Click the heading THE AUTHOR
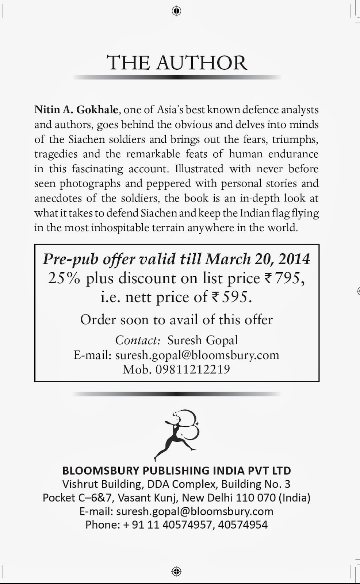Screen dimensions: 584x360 coord(177,63)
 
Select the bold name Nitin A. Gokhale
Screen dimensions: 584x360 coord(76,109)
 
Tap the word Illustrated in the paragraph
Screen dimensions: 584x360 coord(199,169)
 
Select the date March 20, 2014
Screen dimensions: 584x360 coord(257,259)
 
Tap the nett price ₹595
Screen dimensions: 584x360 coord(231,297)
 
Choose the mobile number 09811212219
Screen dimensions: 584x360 coord(193,369)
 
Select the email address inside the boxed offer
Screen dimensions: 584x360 coord(197,355)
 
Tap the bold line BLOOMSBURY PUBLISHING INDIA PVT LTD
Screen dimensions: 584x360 coord(177,470)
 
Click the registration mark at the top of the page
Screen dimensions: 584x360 coord(176,11)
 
